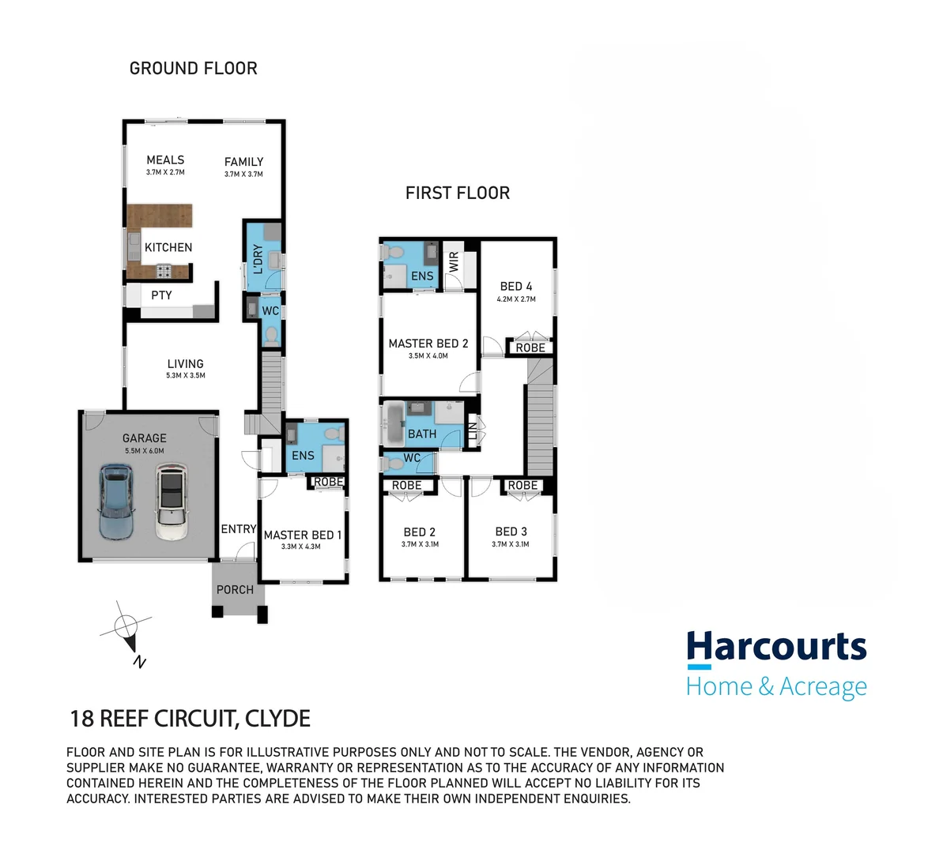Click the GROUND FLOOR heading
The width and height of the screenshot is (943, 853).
(193, 69)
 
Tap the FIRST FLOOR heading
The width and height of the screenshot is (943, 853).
(457, 194)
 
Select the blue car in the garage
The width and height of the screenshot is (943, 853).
(115, 501)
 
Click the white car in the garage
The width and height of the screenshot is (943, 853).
(170, 502)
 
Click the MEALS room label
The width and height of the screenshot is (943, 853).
(165, 160)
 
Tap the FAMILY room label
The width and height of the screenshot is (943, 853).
(243, 162)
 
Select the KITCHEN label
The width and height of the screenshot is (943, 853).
(168, 247)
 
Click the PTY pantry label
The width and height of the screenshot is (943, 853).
(161, 295)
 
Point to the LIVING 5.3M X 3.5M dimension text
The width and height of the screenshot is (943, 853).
(186, 376)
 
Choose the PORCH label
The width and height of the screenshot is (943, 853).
(235, 590)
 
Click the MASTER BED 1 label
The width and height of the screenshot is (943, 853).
(303, 535)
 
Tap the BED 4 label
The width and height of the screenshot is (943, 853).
(516, 287)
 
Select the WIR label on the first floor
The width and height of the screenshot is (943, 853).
(454, 262)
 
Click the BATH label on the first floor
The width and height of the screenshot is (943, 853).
(422, 434)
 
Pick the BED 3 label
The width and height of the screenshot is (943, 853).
(511, 532)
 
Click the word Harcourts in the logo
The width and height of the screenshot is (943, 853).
(776, 647)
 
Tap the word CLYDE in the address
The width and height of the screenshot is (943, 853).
(277, 719)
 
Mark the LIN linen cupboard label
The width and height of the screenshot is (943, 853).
(473, 432)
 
